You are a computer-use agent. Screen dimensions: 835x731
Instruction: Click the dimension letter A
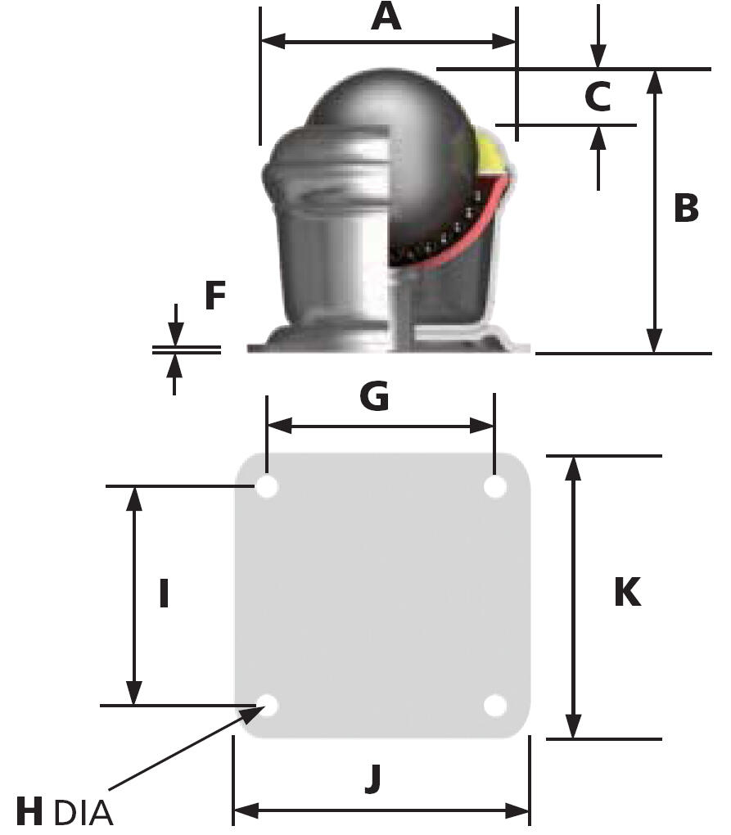386,16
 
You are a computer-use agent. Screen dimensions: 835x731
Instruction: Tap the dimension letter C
598,97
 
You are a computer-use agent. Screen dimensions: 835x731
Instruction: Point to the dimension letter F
214,296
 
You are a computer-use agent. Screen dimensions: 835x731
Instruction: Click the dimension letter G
374,397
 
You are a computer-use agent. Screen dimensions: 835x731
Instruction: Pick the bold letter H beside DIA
30,813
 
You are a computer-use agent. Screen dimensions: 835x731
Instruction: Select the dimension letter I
164,594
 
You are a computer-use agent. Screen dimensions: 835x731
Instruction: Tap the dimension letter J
373,779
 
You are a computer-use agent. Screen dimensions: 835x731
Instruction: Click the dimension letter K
627,592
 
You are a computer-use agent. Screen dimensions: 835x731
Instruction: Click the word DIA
83,815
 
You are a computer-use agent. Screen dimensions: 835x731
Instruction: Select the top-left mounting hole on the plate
267,487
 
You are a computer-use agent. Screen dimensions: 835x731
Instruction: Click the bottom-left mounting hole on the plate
267,704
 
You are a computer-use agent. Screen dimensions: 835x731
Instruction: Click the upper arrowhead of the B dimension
654,82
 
